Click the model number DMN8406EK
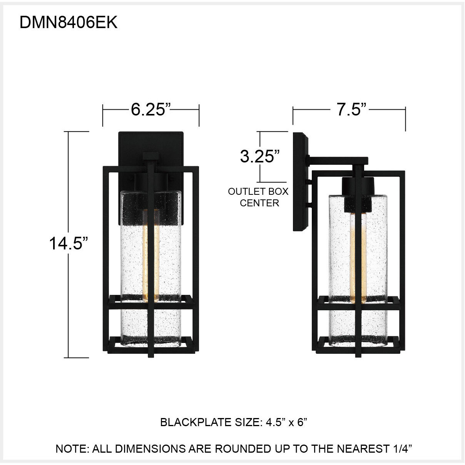click(68, 23)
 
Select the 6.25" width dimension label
click(151, 110)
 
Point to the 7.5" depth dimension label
click(350, 110)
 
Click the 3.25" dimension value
click(260, 157)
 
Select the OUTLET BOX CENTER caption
click(258, 197)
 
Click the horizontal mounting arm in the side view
click(339, 159)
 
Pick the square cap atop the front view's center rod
click(151, 157)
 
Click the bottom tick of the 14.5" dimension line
click(79, 358)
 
